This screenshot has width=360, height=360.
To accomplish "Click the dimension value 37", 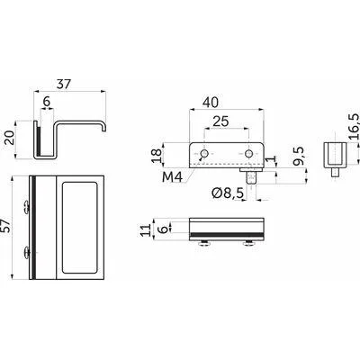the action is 64,84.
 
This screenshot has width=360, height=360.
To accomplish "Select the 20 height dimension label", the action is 11,139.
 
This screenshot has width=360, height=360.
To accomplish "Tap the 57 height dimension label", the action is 6,226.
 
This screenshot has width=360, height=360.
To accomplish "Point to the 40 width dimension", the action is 211,103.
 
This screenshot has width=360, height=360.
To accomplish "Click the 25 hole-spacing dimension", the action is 220,121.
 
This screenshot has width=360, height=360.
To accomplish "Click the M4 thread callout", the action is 172,177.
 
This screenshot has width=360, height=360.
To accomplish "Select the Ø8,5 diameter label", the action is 227,193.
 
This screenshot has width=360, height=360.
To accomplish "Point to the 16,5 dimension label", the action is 355,126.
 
